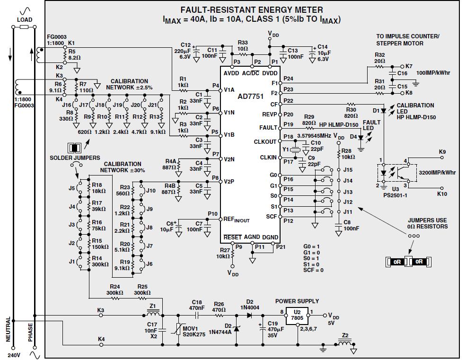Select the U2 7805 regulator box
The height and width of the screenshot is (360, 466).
(x=297, y=315)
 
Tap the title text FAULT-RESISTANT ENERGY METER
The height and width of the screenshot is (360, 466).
(x=252, y=10)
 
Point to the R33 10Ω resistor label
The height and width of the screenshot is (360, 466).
(x=243, y=46)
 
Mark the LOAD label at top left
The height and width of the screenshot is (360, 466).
(x=25, y=20)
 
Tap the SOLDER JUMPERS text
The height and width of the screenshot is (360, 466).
(x=75, y=158)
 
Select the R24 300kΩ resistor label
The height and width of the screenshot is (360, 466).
(x=115, y=290)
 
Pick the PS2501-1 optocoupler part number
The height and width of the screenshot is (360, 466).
(x=396, y=194)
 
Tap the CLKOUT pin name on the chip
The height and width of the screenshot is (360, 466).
(x=265, y=141)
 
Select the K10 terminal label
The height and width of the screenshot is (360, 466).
(x=442, y=194)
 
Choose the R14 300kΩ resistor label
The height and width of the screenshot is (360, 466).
(x=97, y=262)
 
